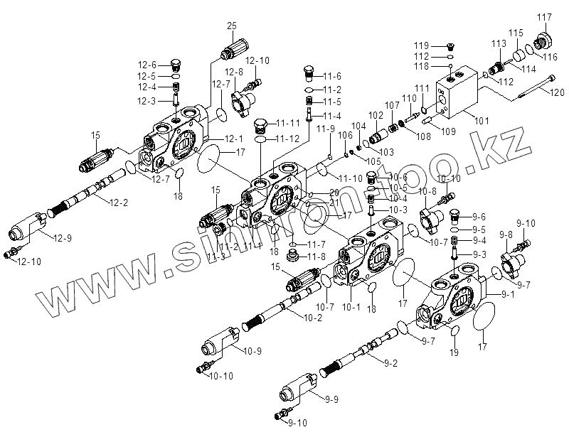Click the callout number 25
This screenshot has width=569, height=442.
pos(231,26)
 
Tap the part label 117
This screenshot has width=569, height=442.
pos(544,17)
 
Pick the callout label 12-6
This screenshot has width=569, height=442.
pos(147,65)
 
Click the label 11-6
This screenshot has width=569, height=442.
pos(333,76)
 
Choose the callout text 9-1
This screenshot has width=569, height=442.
pos(509,293)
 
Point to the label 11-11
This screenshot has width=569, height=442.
pos(289,122)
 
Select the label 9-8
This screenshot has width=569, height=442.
pos(506,235)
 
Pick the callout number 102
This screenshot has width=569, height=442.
pos(376,114)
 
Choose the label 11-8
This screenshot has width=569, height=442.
pos(317,257)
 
